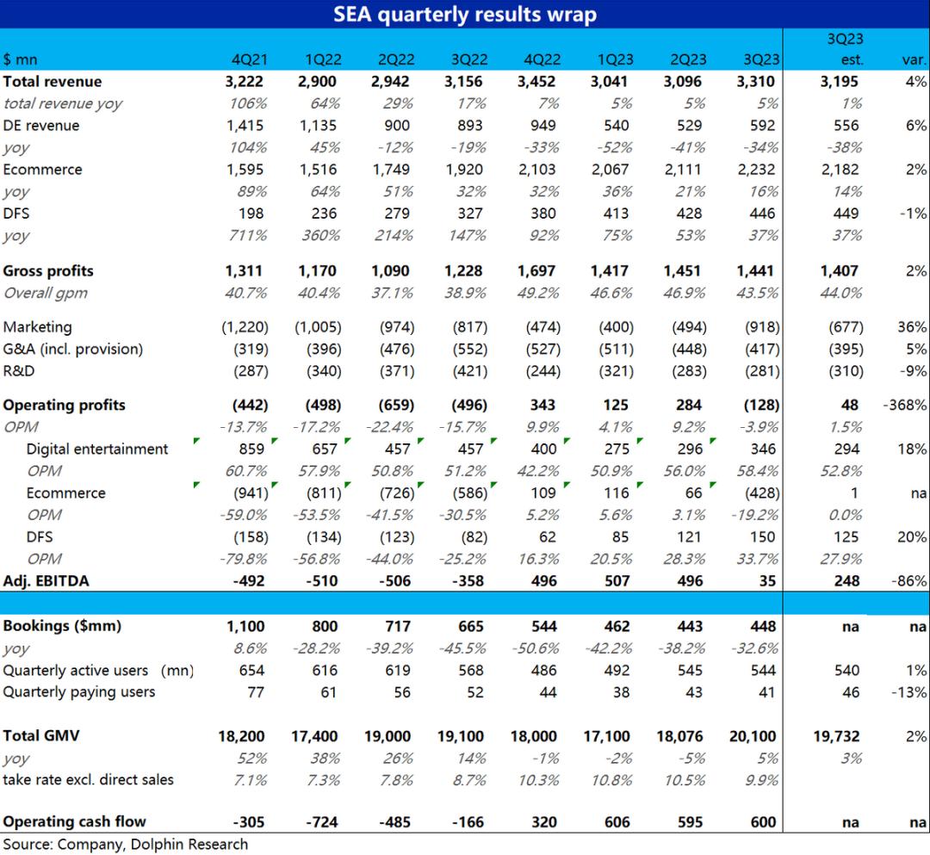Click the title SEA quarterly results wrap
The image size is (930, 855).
(x=465, y=14)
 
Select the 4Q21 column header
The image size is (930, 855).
(x=248, y=59)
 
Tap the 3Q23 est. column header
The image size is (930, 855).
(x=849, y=49)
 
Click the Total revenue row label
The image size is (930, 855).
(x=53, y=82)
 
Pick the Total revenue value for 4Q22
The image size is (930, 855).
(x=538, y=82)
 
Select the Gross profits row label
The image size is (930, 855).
(x=48, y=271)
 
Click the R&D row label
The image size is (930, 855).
(x=20, y=372)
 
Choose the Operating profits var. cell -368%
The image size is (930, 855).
(x=905, y=406)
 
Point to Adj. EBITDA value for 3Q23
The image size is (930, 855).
(x=767, y=581)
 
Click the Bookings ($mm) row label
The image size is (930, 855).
(x=62, y=626)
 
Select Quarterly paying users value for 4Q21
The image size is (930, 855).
(x=256, y=692)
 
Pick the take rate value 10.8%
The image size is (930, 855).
(x=612, y=780)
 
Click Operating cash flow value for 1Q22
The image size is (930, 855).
(x=324, y=822)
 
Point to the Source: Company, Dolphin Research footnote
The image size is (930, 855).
(x=126, y=845)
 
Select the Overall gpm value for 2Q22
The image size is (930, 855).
(x=394, y=293)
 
